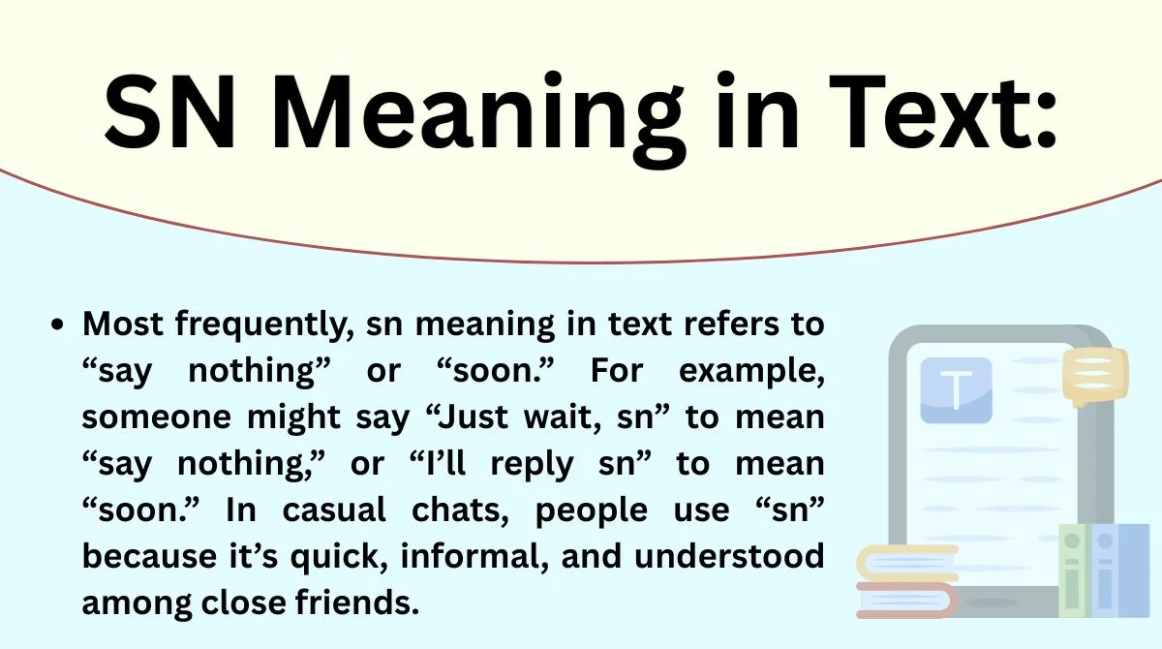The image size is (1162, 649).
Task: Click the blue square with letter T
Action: pos(956,390)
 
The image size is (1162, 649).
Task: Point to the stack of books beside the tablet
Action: pos(906,581)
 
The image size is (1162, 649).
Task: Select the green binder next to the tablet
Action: pos(1073,572)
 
